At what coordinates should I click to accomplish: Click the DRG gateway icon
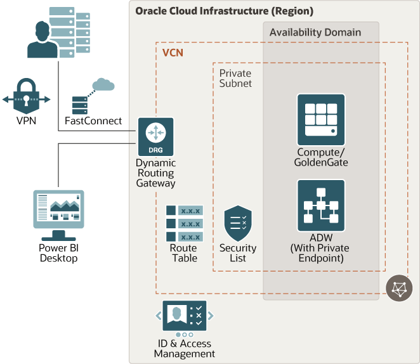coord(155,137)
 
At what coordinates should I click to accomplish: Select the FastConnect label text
coord(93,120)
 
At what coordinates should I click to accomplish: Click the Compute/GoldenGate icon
coord(321,120)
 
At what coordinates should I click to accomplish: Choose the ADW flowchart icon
coord(321,205)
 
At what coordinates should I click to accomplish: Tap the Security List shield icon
coord(238,223)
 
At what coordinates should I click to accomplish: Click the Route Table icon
coord(184,223)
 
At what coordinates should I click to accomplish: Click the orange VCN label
coord(173,53)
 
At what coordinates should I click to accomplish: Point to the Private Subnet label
coord(235,78)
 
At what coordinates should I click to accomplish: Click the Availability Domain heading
coord(315,32)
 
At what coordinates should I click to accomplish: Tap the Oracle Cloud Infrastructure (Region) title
coord(224,11)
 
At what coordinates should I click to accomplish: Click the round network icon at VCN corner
coord(398,289)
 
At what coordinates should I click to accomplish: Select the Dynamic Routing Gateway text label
coord(155,173)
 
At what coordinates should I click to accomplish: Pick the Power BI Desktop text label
coord(58,253)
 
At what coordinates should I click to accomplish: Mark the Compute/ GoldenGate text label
coord(321,157)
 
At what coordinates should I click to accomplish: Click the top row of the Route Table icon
coord(184,211)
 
